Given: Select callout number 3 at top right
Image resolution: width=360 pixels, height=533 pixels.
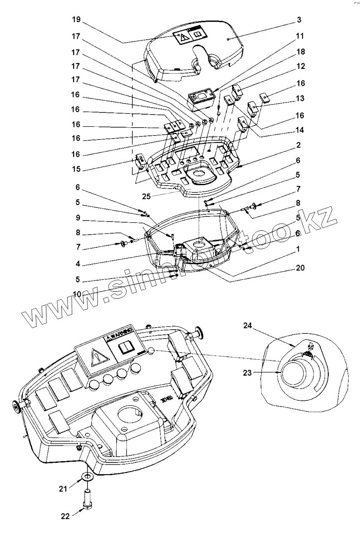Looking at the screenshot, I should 299,20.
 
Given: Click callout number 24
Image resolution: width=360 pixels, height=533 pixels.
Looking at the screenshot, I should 247,325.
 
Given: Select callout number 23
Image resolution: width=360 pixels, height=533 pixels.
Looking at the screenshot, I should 247,373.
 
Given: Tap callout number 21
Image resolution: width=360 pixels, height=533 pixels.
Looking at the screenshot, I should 63,489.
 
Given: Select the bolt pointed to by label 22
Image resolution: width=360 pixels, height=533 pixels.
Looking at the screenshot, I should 88,499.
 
